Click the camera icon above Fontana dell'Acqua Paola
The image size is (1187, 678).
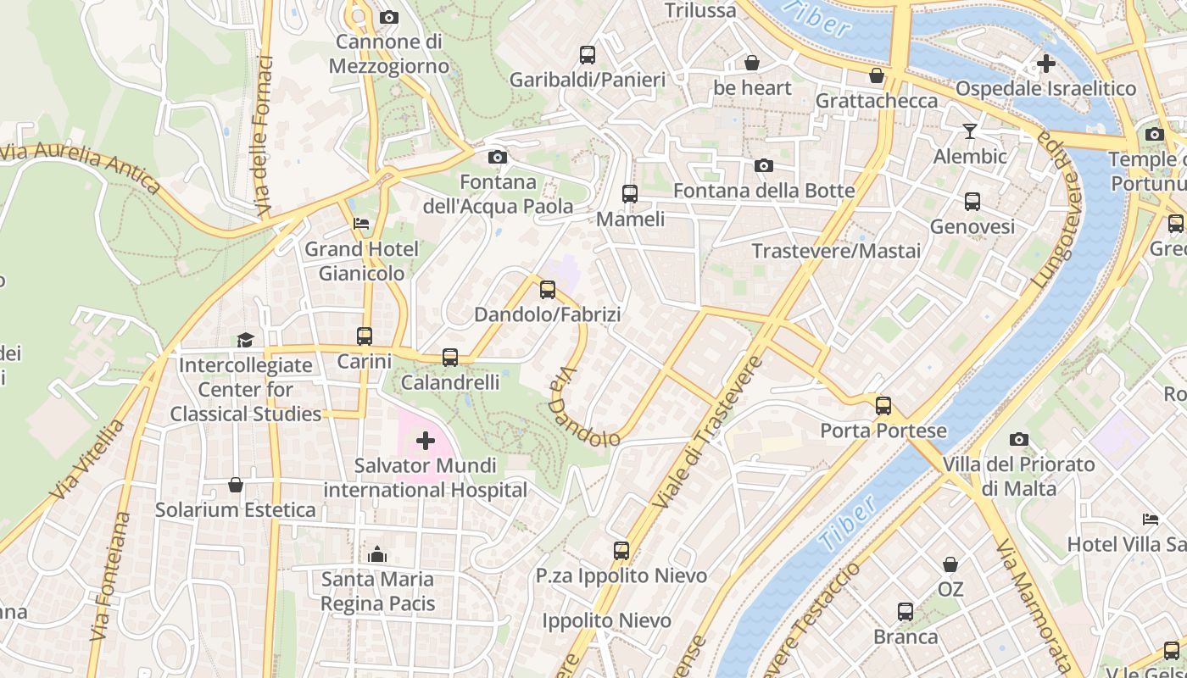tap(498, 157)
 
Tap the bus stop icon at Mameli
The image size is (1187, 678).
tap(629, 193)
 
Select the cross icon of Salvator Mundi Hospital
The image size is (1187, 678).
tap(426, 441)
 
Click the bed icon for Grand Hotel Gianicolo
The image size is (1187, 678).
tap(361, 224)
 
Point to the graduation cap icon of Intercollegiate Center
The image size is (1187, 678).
tap(245, 340)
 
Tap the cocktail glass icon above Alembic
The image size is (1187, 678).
tap(970, 131)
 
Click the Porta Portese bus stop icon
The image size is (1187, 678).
tap(883, 405)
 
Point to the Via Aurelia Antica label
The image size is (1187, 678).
tap(81, 165)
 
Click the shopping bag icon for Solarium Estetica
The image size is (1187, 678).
tap(236, 485)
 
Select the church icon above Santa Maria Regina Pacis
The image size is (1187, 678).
tap(377, 554)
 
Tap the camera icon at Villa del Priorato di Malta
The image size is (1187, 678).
tap(1019, 439)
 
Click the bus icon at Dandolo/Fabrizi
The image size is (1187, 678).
tap(548, 290)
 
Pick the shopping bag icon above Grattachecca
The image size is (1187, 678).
tap(877, 76)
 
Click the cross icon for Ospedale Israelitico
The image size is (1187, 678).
tap(1046, 63)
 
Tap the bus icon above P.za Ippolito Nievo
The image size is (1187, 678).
tap(621, 551)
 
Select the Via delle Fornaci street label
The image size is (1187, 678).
tap(265, 136)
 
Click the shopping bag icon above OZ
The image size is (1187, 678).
tap(950, 564)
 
